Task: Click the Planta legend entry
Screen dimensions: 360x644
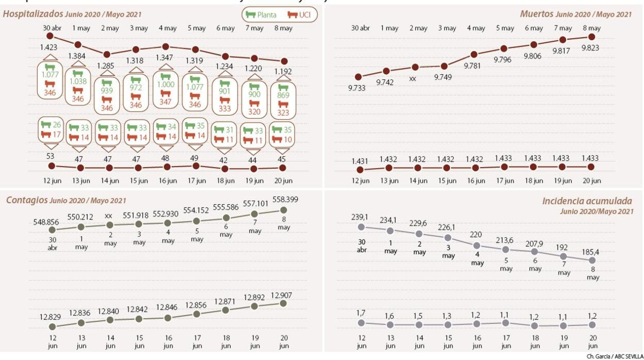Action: pos(262,14)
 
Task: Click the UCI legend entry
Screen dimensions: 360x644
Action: pos(299,14)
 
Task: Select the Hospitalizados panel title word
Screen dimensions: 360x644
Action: pos(33,14)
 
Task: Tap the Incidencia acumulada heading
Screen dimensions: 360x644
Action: pos(587,202)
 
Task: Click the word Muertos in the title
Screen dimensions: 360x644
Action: pos(537,14)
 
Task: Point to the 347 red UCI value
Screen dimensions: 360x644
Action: pos(166,102)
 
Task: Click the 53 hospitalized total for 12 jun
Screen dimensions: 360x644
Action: pos(50,156)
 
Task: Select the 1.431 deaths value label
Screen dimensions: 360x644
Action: pos(361,160)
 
